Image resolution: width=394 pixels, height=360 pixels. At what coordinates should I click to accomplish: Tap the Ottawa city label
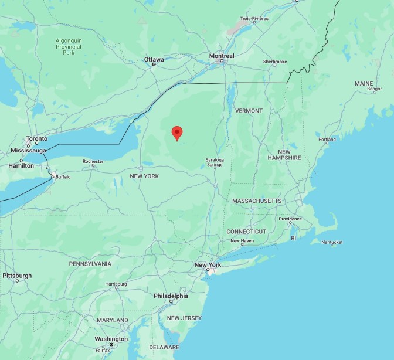pyautogui.click(x=154, y=59)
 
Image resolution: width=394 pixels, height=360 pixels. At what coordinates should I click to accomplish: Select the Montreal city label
pyautogui.click(x=222, y=56)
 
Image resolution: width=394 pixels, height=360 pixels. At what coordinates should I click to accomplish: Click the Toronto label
pyautogui.click(x=36, y=139)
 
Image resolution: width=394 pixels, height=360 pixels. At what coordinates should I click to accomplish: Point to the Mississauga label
pyautogui.click(x=28, y=150)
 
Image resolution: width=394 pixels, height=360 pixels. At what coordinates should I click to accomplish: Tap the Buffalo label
pyautogui.click(x=62, y=176)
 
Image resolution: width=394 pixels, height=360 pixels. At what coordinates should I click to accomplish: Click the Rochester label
pyautogui.click(x=93, y=161)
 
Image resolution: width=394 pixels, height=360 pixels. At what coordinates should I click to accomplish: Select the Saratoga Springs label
pyautogui.click(x=215, y=162)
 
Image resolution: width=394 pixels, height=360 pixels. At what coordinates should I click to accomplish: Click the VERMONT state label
pyautogui.click(x=249, y=110)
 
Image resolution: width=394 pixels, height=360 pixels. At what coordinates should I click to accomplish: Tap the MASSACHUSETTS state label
pyautogui.click(x=257, y=201)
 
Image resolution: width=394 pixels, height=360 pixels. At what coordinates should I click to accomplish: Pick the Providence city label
pyautogui.click(x=290, y=219)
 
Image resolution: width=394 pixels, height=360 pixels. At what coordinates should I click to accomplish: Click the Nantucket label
pyautogui.click(x=332, y=242)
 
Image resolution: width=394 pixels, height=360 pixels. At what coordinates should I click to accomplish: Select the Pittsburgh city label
pyautogui.click(x=17, y=275)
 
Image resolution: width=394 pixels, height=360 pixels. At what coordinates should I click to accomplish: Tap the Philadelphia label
pyautogui.click(x=171, y=296)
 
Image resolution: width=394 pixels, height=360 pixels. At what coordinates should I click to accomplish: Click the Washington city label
pyautogui.click(x=111, y=339)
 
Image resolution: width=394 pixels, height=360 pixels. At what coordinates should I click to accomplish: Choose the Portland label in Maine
pyautogui.click(x=327, y=140)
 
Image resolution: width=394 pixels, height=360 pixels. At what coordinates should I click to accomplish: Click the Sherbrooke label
pyautogui.click(x=275, y=62)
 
